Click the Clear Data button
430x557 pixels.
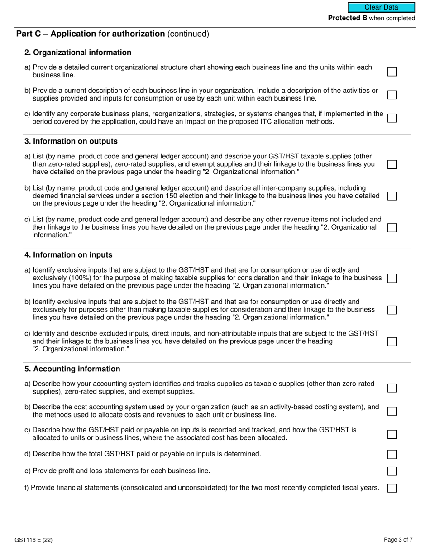pyautogui.click(x=381, y=7)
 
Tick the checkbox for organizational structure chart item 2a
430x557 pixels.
pyautogui.click(x=392, y=72)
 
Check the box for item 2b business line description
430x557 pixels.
pyautogui.click(x=392, y=95)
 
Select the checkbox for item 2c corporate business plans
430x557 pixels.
pyautogui.click(x=392, y=118)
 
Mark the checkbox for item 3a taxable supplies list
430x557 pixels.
pyautogui.click(x=392, y=164)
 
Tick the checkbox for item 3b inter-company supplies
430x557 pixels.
pyautogui.click(x=392, y=196)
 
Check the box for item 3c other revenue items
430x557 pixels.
pyautogui.click(x=392, y=227)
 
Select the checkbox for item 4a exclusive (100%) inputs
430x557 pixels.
pyautogui.click(x=392, y=278)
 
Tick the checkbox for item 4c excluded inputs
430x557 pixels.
pyautogui.click(x=392, y=341)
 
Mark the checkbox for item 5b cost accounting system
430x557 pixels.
pyautogui.click(x=392, y=411)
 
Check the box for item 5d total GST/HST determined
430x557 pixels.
pyautogui.click(x=392, y=454)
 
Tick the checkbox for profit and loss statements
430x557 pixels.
pyautogui.click(x=392, y=471)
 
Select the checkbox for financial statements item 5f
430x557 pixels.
pyautogui.click(x=392, y=488)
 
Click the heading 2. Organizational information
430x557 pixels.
pyautogui.click(x=78, y=53)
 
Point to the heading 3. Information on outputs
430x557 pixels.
pyautogui.click(x=71, y=141)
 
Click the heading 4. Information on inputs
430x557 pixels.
pyautogui.click(x=68, y=255)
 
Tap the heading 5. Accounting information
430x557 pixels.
pyautogui.click(x=72, y=369)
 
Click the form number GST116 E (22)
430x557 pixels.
pyautogui.click(x=36, y=540)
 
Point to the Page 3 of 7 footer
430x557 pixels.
pyautogui.click(x=398, y=540)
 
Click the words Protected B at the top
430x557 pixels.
pyautogui.click(x=347, y=18)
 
